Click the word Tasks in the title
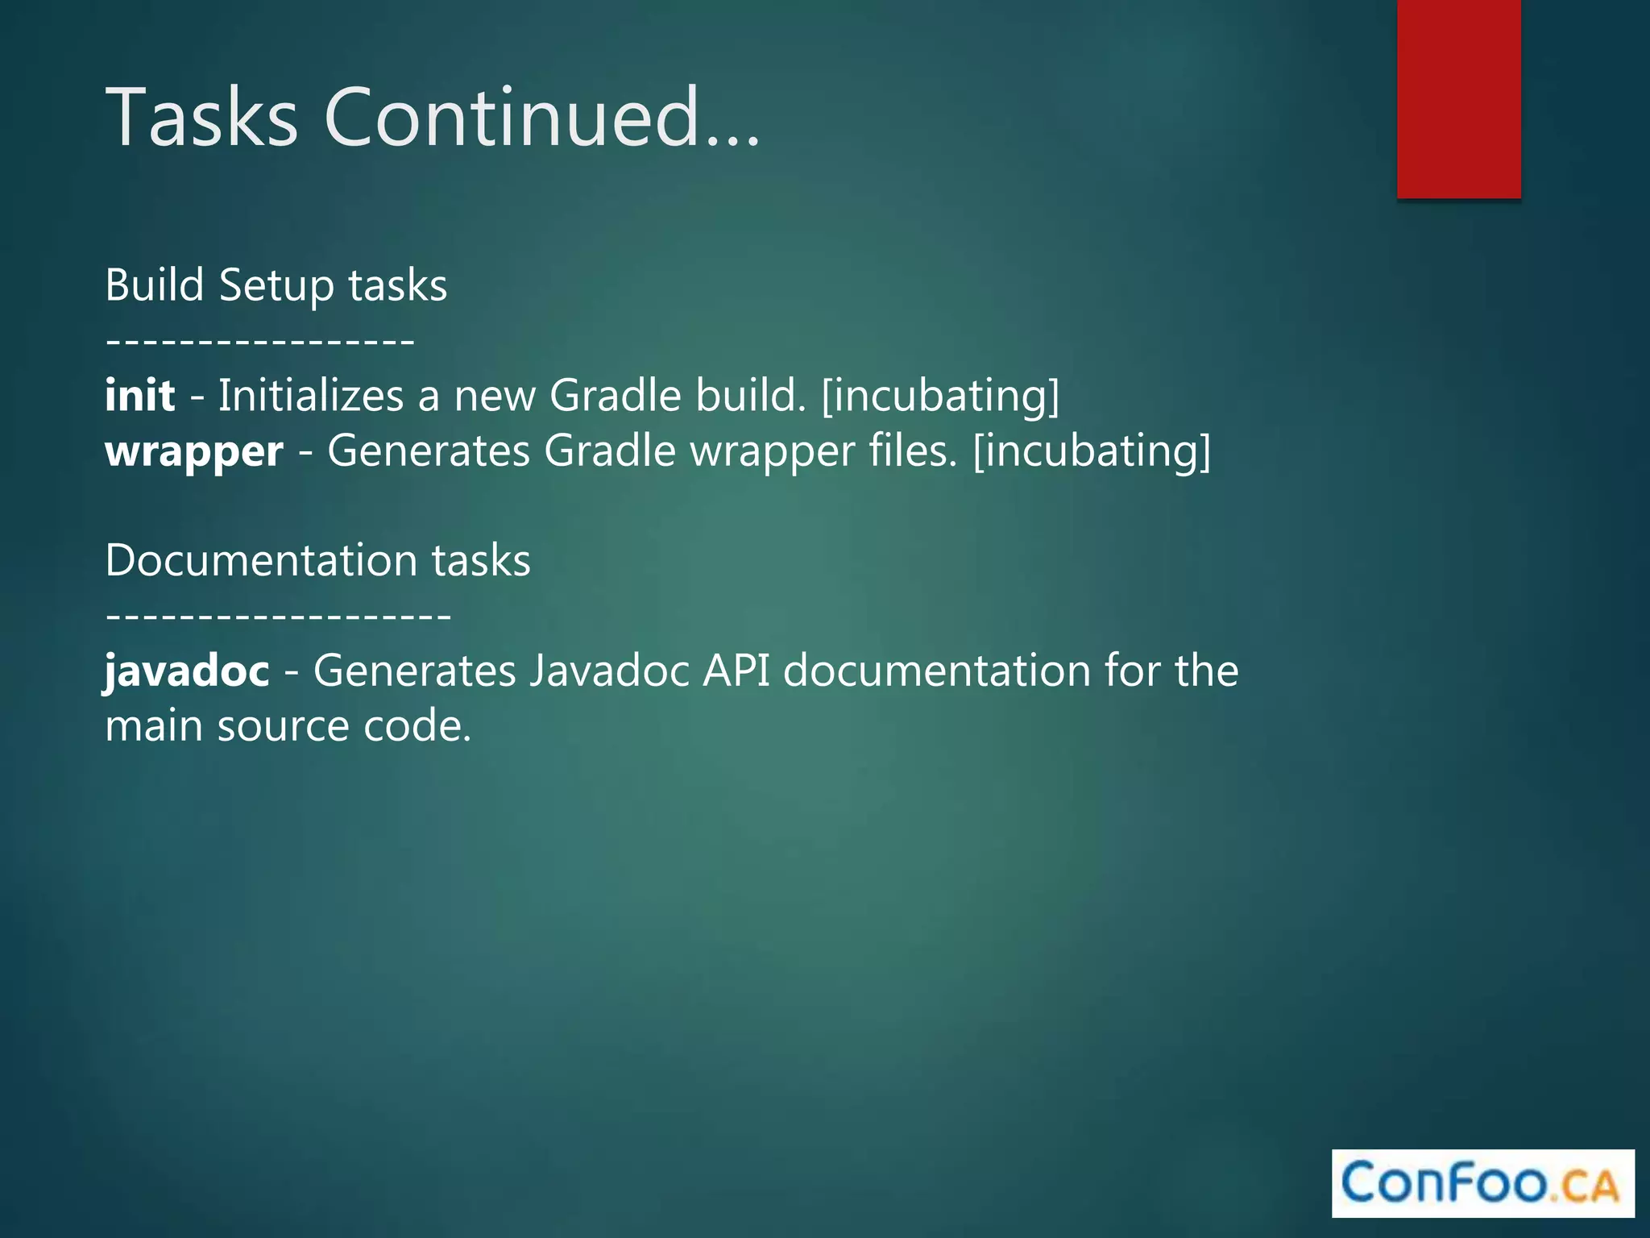click(201, 118)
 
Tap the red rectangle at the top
click(1458, 98)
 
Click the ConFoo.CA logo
click(1482, 1183)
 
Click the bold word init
click(140, 396)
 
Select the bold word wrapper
click(194, 451)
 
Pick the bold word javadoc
click(187, 671)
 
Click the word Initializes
click(311, 396)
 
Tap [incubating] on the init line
click(940, 396)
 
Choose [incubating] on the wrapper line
click(1092, 451)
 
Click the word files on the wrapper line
click(913, 451)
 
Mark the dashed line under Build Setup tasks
click(260, 342)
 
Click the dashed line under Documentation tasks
click(278, 617)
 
